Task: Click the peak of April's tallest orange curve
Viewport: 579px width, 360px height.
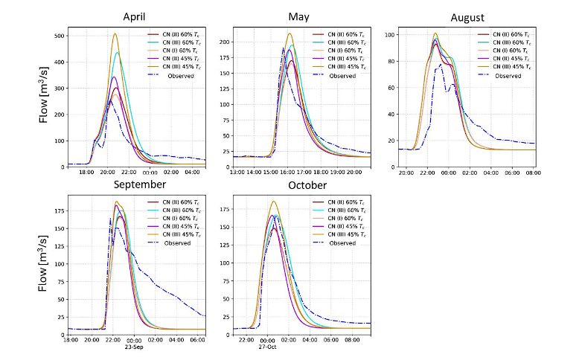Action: pyautogui.click(x=115, y=33)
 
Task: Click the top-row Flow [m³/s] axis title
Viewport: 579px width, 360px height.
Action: pyautogui.click(x=46, y=97)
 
